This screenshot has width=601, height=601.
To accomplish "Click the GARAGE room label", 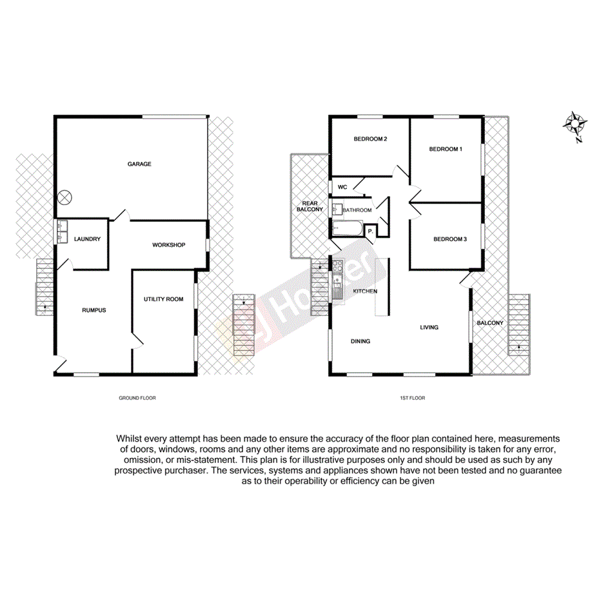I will (139, 164).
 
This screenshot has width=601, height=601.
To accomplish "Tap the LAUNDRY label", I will (87, 239).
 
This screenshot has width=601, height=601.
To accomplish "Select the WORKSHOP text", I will (169, 245).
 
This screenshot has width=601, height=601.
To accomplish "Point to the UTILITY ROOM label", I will (163, 299).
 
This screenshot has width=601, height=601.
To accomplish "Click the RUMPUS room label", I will (94, 310).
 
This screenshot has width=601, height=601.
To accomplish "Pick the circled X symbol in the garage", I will (66, 198).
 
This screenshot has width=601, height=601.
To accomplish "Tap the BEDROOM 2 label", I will (370, 139).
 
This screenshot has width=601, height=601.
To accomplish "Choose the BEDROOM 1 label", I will (446, 149).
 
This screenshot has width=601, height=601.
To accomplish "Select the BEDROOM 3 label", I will (449, 239).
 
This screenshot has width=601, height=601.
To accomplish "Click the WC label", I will (343, 187).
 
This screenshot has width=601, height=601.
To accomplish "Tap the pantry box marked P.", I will (371, 232).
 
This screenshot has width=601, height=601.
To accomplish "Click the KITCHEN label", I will (365, 292).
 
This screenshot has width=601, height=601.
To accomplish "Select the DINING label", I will (360, 341).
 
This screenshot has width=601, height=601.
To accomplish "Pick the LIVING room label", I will (429, 328).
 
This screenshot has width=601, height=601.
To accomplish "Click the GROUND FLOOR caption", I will (137, 398).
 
